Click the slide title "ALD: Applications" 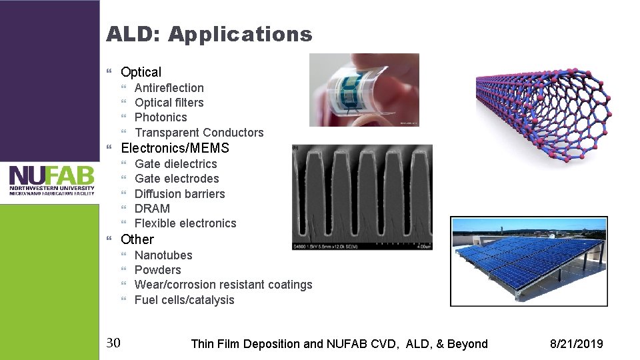pyautogui.click(x=209, y=34)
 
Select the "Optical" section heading pyautogui.click(x=141, y=72)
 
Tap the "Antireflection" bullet pyautogui.click(x=169, y=88)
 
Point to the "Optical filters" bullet pyautogui.click(x=169, y=103)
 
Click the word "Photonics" pyautogui.click(x=161, y=117)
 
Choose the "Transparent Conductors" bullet pyautogui.click(x=199, y=133)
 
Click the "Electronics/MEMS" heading pyautogui.click(x=175, y=148)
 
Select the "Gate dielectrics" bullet pyautogui.click(x=175, y=164)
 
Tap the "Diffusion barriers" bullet pyautogui.click(x=179, y=194)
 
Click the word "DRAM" pyautogui.click(x=152, y=209)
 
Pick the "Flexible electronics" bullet pyautogui.click(x=185, y=223)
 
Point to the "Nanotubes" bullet pyautogui.click(x=163, y=255)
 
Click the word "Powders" pyautogui.click(x=157, y=270)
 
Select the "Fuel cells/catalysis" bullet pyautogui.click(x=184, y=300)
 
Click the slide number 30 pyautogui.click(x=113, y=343)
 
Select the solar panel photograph pyautogui.click(x=529, y=261)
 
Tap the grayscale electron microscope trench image pyautogui.click(x=361, y=197)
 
